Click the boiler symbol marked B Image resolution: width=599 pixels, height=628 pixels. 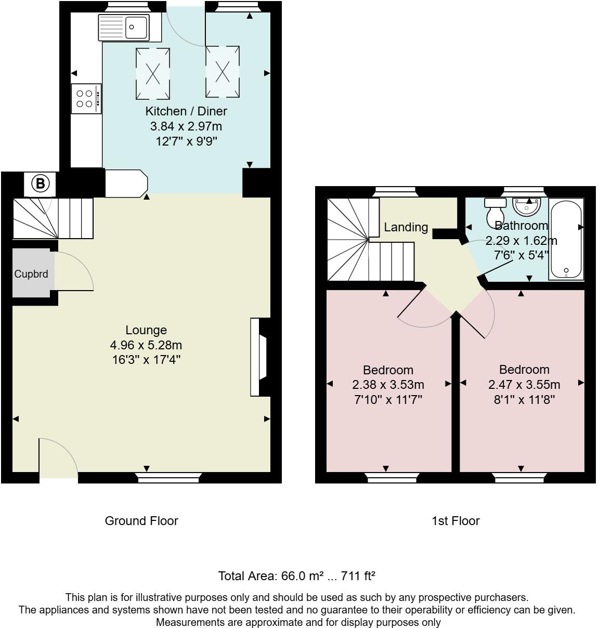(x=41, y=184)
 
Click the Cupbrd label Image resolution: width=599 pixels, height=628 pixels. (x=31, y=274)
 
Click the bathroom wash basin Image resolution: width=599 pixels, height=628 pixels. (x=527, y=206)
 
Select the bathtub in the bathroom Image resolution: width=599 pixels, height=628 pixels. (x=567, y=239)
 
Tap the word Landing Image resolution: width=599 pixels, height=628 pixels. (x=406, y=227)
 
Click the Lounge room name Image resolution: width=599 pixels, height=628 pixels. (x=146, y=330)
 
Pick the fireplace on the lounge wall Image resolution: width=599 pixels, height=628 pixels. (x=258, y=358)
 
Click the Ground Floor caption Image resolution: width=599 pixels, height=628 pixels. (x=141, y=521)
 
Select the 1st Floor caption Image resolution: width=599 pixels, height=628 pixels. (x=455, y=521)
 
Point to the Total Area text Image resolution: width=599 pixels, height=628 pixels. (x=296, y=576)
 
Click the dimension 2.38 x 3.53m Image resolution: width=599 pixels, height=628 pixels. (x=388, y=385)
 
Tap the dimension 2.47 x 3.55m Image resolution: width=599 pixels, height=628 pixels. (x=524, y=385)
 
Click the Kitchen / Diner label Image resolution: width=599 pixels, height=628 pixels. (x=186, y=111)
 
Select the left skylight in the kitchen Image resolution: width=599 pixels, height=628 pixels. (x=153, y=73)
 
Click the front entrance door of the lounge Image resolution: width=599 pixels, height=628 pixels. (x=58, y=457)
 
